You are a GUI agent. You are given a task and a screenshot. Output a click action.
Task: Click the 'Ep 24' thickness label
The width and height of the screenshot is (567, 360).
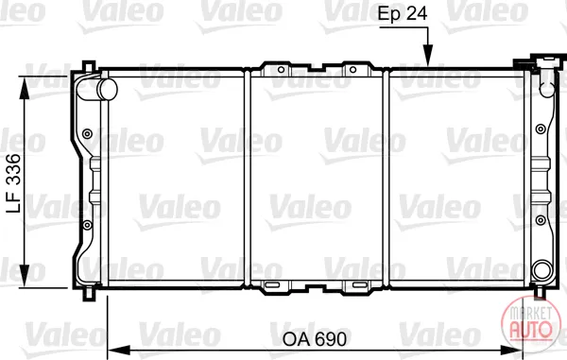tap(403, 14)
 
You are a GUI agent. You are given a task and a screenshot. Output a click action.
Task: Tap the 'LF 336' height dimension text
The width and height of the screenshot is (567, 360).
tap(14, 183)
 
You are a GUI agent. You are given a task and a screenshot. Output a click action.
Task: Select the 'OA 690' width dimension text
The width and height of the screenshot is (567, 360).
tap(315, 339)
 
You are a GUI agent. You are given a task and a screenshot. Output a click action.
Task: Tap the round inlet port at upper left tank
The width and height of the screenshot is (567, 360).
tap(107, 89)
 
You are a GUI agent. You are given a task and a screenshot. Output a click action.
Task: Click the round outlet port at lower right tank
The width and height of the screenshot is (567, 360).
tap(542, 270)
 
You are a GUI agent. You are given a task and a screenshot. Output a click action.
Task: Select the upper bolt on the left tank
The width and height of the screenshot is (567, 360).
tap(87, 134)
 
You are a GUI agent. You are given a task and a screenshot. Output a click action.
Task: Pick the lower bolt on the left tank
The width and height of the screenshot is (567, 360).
tap(87, 225)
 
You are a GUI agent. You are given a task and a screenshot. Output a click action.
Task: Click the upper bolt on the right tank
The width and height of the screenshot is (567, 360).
tap(541, 129)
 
